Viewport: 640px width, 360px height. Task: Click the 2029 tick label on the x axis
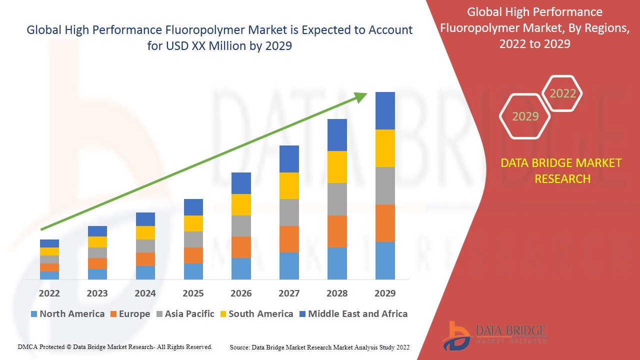pyautogui.click(x=385, y=293)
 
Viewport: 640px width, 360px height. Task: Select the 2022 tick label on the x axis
pyautogui.click(x=49, y=293)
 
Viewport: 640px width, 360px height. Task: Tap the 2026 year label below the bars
pyautogui.click(x=241, y=293)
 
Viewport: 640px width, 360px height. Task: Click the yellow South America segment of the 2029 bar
pyautogui.click(x=385, y=148)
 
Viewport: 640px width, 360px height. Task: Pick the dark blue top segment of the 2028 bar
pyautogui.click(x=337, y=135)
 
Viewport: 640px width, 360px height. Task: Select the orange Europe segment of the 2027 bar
pyautogui.click(x=289, y=239)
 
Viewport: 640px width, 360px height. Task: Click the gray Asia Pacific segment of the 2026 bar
pyautogui.click(x=241, y=226)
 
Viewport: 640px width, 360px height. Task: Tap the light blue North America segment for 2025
pyautogui.click(x=193, y=271)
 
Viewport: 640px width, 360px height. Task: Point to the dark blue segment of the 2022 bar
pyautogui.click(x=49, y=243)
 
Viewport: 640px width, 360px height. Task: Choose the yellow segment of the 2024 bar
pyautogui.click(x=145, y=232)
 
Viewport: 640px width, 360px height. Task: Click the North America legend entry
pyautogui.click(x=67, y=314)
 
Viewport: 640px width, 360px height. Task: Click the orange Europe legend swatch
pyautogui.click(x=114, y=314)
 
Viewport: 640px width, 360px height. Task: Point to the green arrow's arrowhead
pyautogui.click(x=361, y=96)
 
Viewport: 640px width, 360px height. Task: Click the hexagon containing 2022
pyautogui.click(x=562, y=93)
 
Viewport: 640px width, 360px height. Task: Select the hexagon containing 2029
pyautogui.click(x=525, y=116)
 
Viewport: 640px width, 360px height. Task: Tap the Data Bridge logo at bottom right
pyautogui.click(x=493, y=335)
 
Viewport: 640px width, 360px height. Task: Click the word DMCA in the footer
pyautogui.click(x=27, y=346)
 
